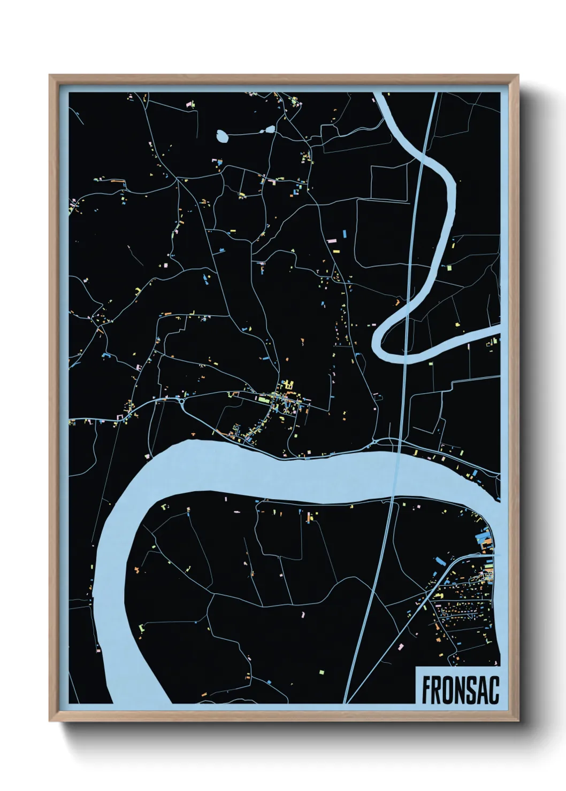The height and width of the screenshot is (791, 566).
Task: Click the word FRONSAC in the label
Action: click(x=460, y=690)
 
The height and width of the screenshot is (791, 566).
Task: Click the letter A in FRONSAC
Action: click(x=483, y=690)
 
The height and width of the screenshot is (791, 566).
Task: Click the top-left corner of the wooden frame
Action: click(x=50, y=76)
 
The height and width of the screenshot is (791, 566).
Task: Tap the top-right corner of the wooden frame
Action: click(x=518, y=76)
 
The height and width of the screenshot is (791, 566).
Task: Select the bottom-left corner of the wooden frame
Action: click(x=50, y=720)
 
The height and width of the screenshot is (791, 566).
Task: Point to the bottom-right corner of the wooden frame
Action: click(x=518, y=720)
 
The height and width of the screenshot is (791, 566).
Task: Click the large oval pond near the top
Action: click(x=222, y=136)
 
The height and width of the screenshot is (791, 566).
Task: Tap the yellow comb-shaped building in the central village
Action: click(x=289, y=384)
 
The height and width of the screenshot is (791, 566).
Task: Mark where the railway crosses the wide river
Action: click(x=396, y=473)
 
